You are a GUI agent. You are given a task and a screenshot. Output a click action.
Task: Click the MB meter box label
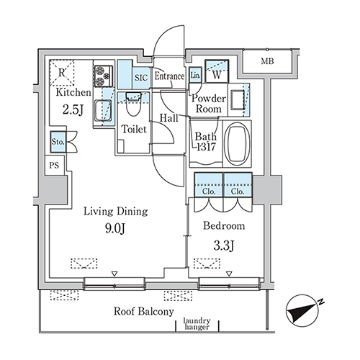267,61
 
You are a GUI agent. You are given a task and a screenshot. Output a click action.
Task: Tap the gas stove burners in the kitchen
103,76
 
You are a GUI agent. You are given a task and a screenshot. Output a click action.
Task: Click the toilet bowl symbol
133,105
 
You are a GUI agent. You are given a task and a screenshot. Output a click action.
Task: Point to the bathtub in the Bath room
237,143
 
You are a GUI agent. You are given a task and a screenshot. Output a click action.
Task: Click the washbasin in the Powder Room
237,99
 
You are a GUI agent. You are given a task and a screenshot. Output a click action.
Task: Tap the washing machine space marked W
217,71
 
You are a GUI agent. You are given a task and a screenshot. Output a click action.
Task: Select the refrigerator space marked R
62,73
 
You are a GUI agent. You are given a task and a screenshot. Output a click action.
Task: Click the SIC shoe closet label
141,78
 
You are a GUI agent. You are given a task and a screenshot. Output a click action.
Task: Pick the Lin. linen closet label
196,75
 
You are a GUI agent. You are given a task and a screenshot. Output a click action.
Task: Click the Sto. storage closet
58,142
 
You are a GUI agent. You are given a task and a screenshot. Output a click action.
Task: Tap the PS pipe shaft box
55,165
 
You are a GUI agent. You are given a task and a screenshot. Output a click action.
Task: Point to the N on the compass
321,302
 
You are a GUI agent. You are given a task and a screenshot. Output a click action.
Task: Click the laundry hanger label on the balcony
197,323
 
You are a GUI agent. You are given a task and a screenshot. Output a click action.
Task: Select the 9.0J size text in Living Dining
115,228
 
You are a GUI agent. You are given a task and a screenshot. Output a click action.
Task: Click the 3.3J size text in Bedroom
224,246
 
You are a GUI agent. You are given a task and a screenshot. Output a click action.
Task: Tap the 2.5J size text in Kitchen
73,110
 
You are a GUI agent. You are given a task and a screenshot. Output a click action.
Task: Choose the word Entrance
169,76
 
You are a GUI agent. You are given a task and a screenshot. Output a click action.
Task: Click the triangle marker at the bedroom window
230,274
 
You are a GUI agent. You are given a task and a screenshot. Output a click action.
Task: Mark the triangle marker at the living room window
114,274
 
